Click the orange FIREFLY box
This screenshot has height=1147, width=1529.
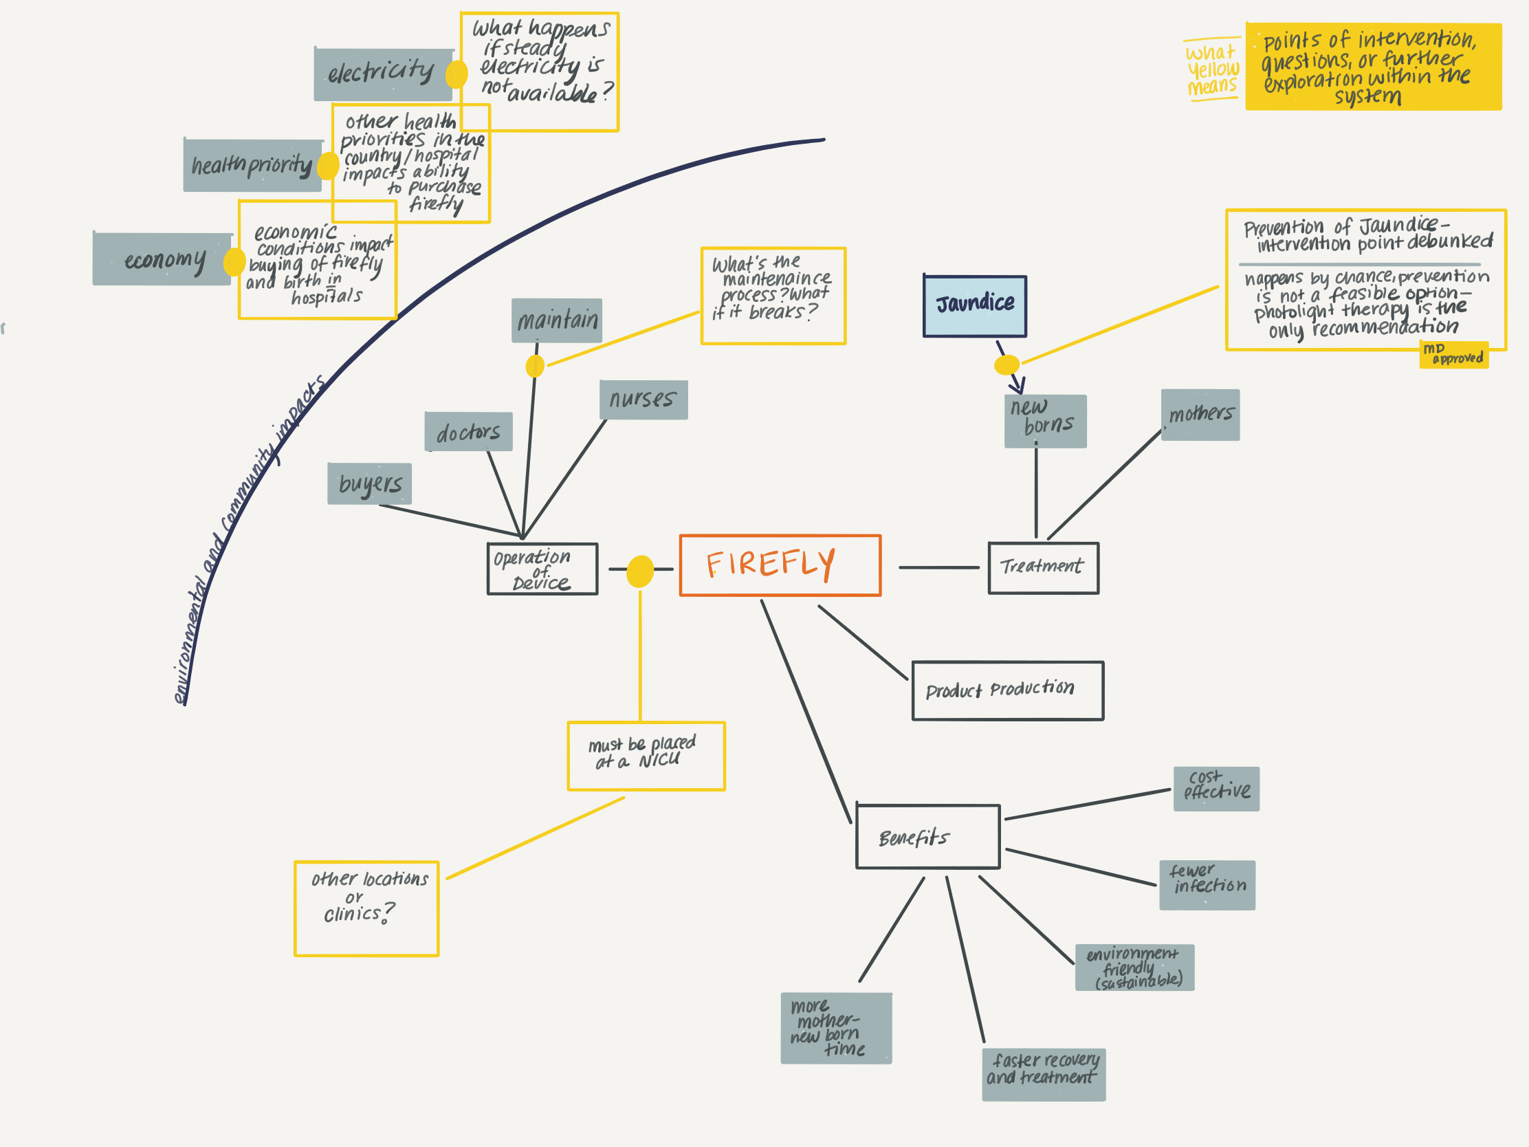[780, 565]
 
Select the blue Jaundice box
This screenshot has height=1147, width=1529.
[975, 305]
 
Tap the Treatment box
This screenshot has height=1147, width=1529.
[1043, 567]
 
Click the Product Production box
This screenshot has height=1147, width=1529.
[1007, 690]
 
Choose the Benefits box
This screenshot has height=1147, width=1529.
[927, 837]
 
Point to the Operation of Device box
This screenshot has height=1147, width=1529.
[542, 569]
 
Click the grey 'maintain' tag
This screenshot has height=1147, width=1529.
[556, 320]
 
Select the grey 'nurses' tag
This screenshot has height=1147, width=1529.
[643, 400]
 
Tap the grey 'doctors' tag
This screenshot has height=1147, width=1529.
[468, 432]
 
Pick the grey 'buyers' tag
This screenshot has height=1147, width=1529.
[369, 483]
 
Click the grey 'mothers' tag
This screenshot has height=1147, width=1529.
[1200, 414]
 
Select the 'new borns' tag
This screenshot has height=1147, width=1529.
[1044, 421]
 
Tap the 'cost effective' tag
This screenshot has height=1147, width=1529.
[1216, 788]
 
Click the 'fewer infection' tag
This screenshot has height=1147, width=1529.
[1207, 884]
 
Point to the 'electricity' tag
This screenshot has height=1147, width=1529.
[382, 74]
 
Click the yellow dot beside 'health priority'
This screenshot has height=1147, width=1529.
[328, 165]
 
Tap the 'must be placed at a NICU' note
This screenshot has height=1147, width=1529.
[646, 756]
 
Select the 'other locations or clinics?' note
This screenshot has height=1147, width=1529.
[366, 908]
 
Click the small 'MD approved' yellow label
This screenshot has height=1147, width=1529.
[1453, 355]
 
